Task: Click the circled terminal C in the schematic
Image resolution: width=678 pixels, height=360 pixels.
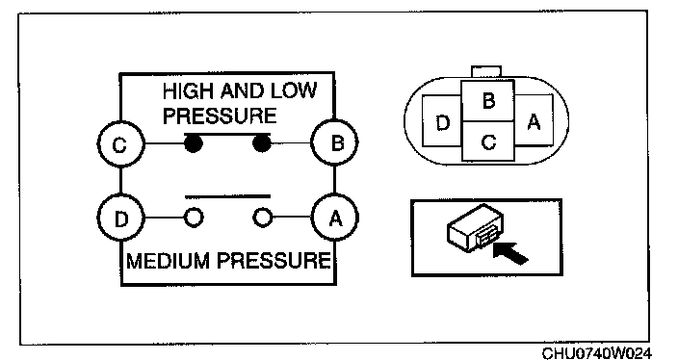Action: pos(120,144)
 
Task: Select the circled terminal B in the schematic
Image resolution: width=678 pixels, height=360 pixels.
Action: pos(335,142)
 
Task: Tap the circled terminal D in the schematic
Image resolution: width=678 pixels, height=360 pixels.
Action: pos(120,218)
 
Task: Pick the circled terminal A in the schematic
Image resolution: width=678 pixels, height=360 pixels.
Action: pos(335,218)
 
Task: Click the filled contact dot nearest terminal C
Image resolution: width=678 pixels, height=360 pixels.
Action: pos(194,143)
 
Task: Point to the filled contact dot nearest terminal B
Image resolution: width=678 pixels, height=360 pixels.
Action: pos(262,143)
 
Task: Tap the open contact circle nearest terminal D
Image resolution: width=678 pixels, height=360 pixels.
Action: pos(194,218)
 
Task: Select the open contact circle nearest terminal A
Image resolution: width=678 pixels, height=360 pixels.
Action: pos(263,218)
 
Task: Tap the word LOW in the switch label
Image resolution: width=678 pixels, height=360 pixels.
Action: pos(294,90)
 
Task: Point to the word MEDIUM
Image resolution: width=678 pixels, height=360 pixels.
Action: pos(169,261)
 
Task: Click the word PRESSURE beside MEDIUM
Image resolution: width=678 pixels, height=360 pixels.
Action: pos(274,261)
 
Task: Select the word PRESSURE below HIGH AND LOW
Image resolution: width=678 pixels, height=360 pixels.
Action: pos(220,116)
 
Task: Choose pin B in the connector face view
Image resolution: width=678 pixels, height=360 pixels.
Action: pos(488,101)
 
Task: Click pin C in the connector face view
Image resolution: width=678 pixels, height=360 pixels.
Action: pos(488,141)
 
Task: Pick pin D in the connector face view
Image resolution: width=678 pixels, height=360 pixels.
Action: pos(442,123)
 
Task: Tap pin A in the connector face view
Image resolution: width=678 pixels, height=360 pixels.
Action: pos(534,122)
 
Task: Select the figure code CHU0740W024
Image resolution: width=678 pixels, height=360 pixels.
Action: pos(596,353)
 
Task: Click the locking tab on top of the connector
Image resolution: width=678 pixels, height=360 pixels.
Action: pos(486,72)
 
